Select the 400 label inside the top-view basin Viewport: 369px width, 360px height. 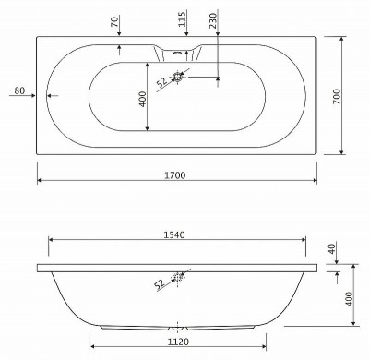coord(142,96)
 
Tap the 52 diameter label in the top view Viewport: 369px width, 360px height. coord(161,81)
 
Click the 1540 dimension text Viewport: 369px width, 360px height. coord(175,234)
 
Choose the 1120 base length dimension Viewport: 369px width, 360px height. coord(177,339)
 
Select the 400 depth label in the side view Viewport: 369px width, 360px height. coord(349,296)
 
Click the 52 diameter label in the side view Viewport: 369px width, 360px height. coord(161,283)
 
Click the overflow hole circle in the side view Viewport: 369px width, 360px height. coord(181,275)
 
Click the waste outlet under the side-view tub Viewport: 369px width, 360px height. coord(178,326)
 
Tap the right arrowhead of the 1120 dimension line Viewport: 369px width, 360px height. coord(266,347)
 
